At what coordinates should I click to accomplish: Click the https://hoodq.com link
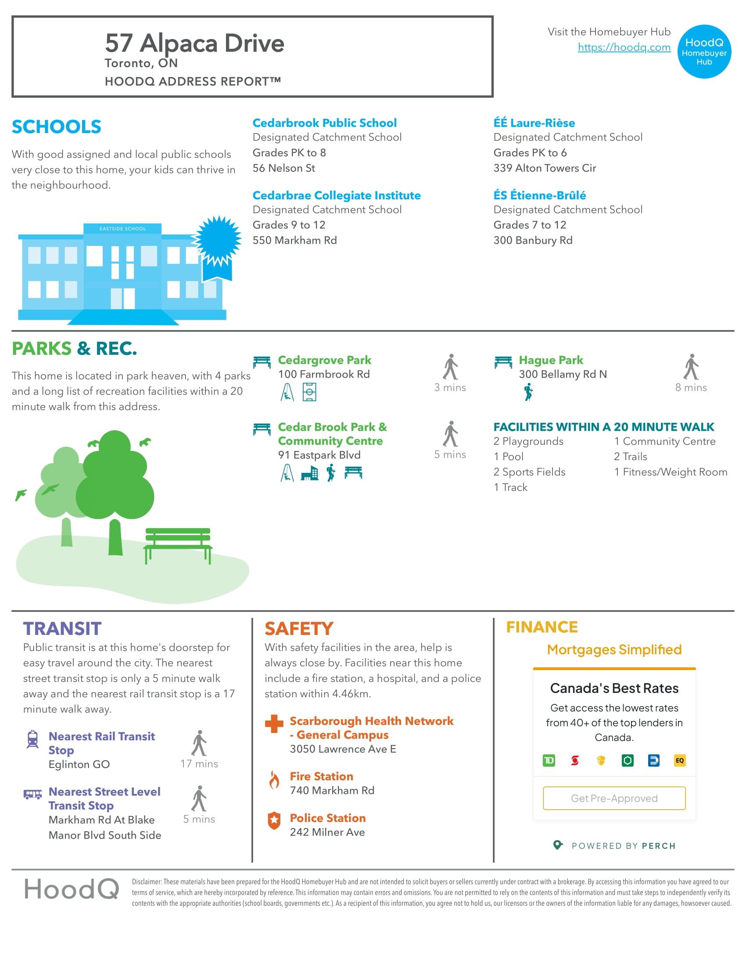[624, 47]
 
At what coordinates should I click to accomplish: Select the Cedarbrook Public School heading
[324, 123]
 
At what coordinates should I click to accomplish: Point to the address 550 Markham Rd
[294, 240]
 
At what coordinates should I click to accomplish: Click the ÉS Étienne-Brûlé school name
[539, 195]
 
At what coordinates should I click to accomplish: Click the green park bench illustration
[178, 544]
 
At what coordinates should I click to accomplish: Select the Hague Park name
[551, 360]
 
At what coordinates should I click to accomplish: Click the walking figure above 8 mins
[691, 367]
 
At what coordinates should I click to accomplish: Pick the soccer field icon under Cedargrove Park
[309, 392]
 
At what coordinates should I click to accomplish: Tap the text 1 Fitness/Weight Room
[671, 472]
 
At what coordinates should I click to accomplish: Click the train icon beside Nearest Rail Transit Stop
[33, 739]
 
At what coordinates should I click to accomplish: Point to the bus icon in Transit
[33, 794]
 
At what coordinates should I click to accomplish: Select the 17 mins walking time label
[199, 764]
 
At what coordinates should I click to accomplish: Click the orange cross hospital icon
[274, 724]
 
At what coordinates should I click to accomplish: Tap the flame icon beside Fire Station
[274, 780]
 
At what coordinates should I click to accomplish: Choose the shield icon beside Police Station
[274, 821]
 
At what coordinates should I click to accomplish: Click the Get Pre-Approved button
[614, 798]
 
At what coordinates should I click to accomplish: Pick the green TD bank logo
[549, 761]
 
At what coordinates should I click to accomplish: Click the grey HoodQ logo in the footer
[72, 889]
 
